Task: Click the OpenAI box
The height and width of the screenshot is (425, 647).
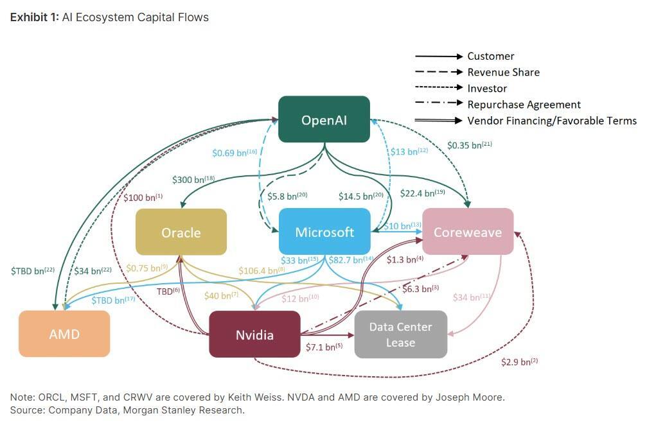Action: point(324,119)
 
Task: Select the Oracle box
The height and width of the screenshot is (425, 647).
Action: point(181,232)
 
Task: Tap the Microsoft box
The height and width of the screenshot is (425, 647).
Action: point(324,232)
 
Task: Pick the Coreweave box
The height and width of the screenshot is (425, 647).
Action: point(467,232)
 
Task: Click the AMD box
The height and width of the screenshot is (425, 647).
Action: point(64,334)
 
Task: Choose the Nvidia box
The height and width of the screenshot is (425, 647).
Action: point(254,334)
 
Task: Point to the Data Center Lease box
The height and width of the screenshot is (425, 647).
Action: point(400,334)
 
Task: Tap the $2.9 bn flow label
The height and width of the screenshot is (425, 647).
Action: point(519,362)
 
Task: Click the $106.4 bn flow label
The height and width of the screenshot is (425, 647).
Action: point(261,271)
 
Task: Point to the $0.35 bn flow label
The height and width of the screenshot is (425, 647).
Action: point(470,145)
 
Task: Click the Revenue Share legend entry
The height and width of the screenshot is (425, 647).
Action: point(503,73)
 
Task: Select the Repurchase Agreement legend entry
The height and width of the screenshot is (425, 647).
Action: point(524,105)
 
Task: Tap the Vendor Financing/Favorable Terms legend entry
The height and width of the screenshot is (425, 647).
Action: point(551,121)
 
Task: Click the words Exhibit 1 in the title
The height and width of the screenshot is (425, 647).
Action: point(33,17)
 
